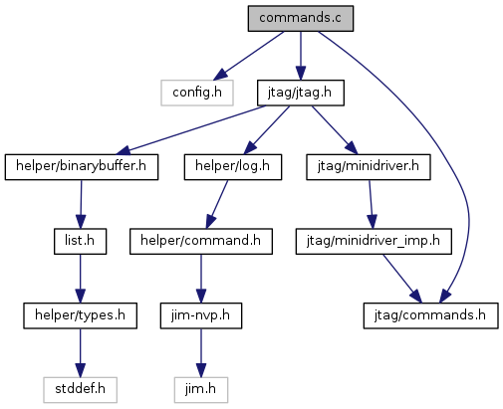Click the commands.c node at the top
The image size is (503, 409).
[x=301, y=19]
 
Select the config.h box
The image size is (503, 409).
[x=197, y=93]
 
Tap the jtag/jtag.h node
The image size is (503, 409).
[x=301, y=93]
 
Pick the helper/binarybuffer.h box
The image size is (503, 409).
[x=82, y=167]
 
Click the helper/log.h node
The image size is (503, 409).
[x=233, y=167]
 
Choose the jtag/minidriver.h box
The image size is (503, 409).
[x=369, y=167]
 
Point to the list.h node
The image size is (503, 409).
[x=81, y=242]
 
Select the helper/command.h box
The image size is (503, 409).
[x=201, y=242]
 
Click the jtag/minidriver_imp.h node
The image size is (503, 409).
[x=374, y=242]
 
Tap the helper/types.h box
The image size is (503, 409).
[x=80, y=315]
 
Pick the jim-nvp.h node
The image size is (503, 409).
[x=201, y=315]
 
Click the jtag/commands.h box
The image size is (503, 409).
[x=431, y=315]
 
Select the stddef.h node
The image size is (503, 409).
[x=80, y=390]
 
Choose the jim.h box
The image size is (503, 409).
[x=201, y=390]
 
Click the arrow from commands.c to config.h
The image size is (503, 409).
[x=249, y=56]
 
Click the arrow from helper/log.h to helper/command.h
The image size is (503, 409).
[x=217, y=204]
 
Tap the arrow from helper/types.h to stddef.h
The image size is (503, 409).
[x=80, y=353]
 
